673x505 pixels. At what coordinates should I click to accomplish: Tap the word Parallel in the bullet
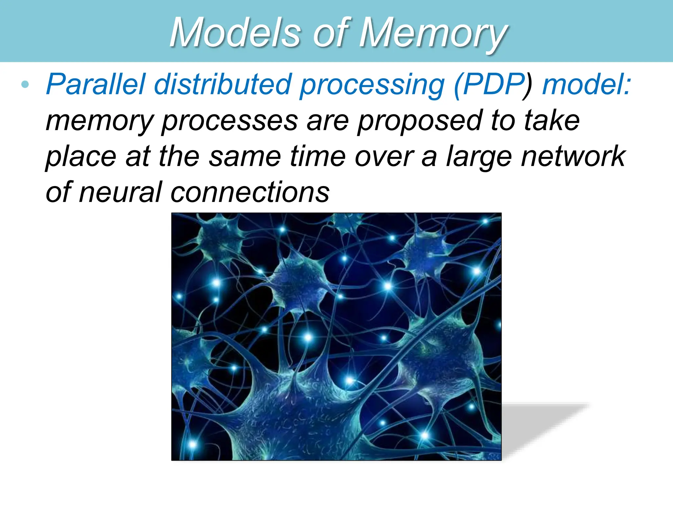click(95, 84)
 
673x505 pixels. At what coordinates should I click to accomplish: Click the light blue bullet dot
click(25, 85)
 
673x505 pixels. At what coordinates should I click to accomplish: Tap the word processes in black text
click(230, 121)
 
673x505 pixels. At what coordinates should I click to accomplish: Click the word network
click(573, 156)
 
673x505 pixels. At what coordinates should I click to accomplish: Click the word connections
click(250, 192)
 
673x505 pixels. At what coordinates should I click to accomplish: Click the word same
click(245, 156)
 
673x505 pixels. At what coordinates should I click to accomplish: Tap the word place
click(81, 157)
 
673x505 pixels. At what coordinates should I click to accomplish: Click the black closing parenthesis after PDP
click(527, 85)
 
